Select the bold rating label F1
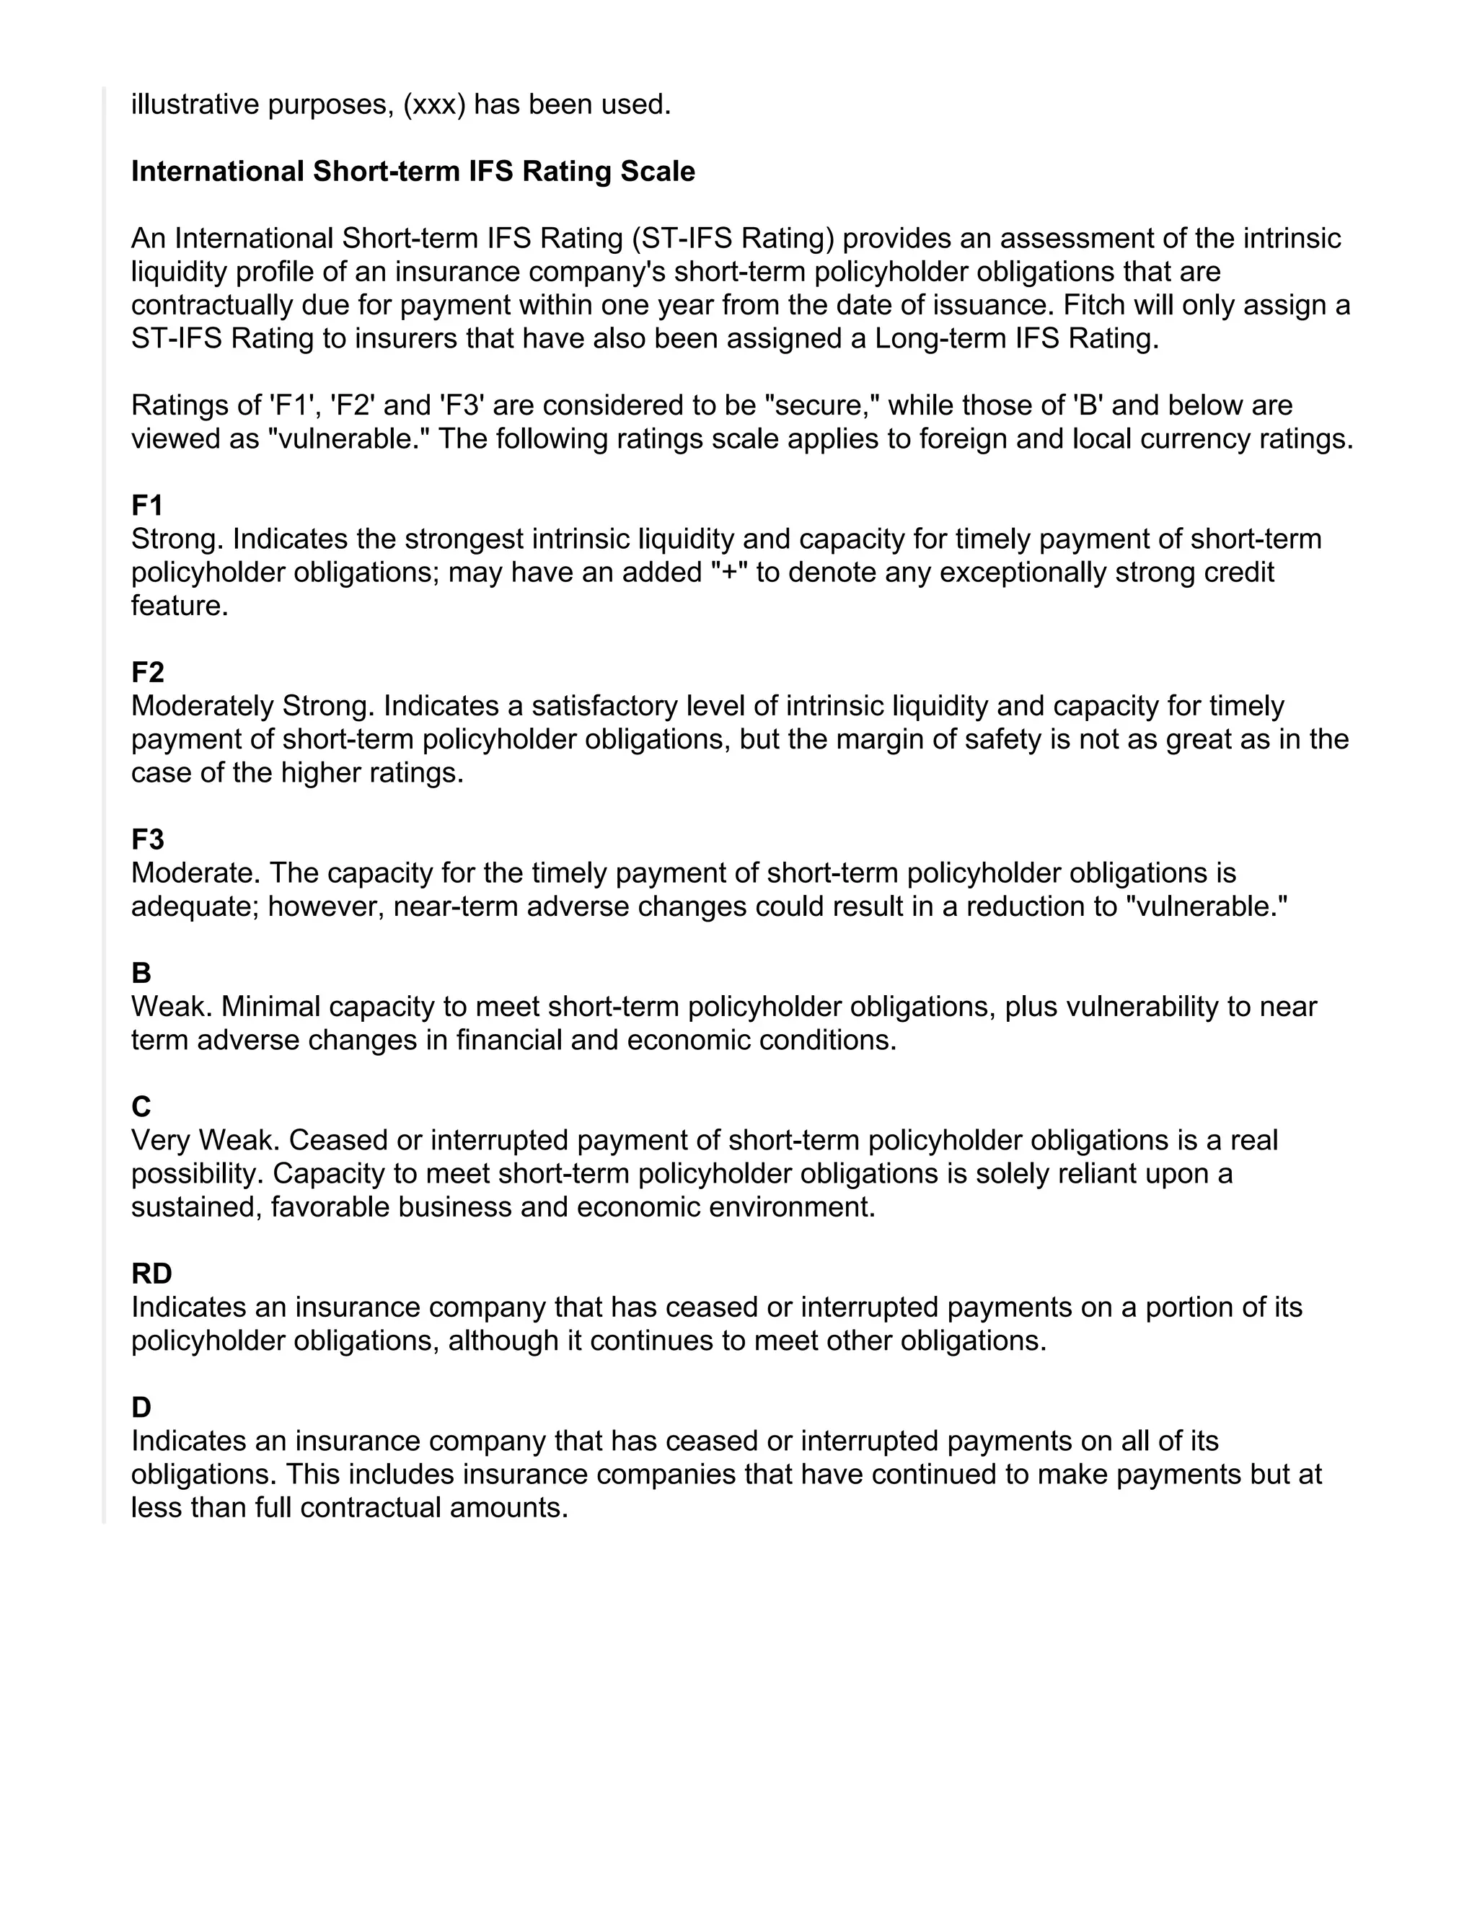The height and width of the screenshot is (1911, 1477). coord(147,506)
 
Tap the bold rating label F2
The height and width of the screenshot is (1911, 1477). coord(147,673)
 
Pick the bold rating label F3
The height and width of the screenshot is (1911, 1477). coord(147,840)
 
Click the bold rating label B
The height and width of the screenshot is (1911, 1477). coord(141,973)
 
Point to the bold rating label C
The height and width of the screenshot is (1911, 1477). coord(141,1107)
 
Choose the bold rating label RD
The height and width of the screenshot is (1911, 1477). coord(151,1274)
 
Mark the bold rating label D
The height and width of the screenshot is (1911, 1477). coord(141,1407)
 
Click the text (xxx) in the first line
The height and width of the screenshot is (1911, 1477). coord(434,105)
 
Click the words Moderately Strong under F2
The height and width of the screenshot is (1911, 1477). coord(253,706)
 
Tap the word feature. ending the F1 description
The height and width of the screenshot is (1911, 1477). coord(180,606)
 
